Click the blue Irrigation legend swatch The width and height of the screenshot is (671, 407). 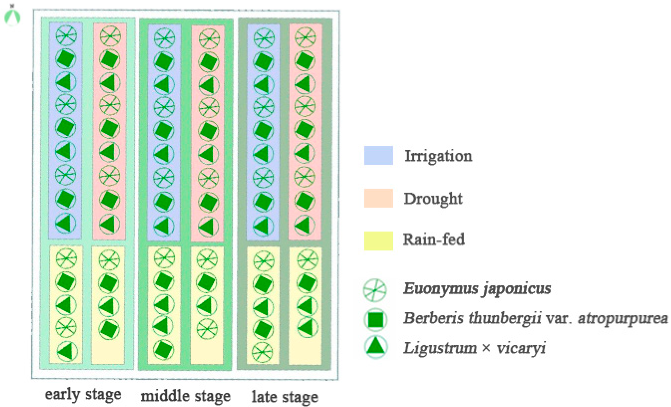(x=379, y=155)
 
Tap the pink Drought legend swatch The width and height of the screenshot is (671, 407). (x=379, y=198)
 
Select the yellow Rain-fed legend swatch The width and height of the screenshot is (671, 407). (x=379, y=241)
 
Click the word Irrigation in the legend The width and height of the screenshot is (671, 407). (x=438, y=156)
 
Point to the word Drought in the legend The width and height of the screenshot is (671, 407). (x=433, y=199)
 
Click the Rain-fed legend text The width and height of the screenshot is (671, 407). (x=434, y=240)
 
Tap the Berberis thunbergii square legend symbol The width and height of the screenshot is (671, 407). (x=376, y=320)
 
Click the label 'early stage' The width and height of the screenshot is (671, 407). (x=83, y=395)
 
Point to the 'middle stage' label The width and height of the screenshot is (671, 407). (x=185, y=396)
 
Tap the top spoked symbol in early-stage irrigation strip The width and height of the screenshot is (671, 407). (x=67, y=35)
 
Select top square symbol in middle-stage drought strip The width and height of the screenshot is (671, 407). (x=209, y=62)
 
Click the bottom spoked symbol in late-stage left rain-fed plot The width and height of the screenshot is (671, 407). (x=262, y=352)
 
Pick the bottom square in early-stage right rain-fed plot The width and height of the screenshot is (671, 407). (x=109, y=330)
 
